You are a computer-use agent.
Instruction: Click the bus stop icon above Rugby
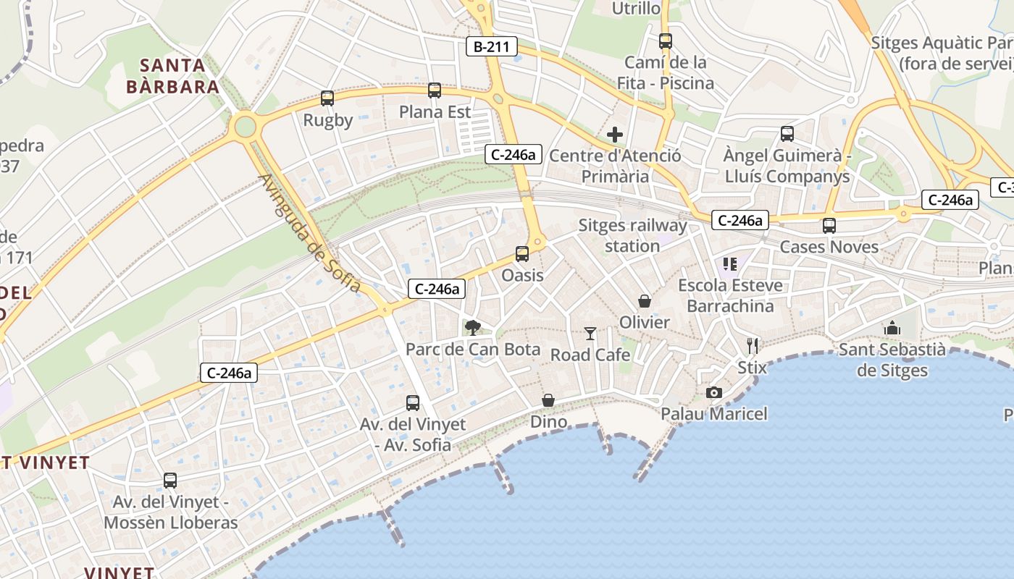pyautogui.click(x=327, y=98)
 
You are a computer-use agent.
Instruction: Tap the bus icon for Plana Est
pyautogui.click(x=435, y=90)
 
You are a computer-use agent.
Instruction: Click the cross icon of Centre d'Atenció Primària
pyautogui.click(x=615, y=135)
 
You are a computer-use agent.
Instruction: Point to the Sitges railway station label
pyautogui.click(x=632, y=236)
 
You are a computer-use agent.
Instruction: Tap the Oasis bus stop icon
pyautogui.click(x=522, y=254)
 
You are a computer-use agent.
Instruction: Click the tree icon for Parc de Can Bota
pyautogui.click(x=473, y=328)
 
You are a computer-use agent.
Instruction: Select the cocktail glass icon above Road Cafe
pyautogui.click(x=590, y=334)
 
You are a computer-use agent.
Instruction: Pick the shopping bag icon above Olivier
pyautogui.click(x=645, y=301)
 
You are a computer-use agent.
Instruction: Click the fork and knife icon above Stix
pyautogui.click(x=753, y=346)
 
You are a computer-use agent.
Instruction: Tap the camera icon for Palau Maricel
pyautogui.click(x=714, y=393)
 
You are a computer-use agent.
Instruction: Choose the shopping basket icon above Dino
pyautogui.click(x=548, y=400)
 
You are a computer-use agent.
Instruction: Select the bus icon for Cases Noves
pyautogui.click(x=829, y=226)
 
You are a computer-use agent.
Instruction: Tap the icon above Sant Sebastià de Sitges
pyautogui.click(x=892, y=328)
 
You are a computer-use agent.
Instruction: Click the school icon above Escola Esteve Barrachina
pyautogui.click(x=729, y=264)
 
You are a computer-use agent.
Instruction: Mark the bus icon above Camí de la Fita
pyautogui.click(x=666, y=41)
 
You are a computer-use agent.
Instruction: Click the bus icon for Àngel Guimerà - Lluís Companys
pyautogui.click(x=787, y=134)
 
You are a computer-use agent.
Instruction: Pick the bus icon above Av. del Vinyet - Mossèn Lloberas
pyautogui.click(x=170, y=481)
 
